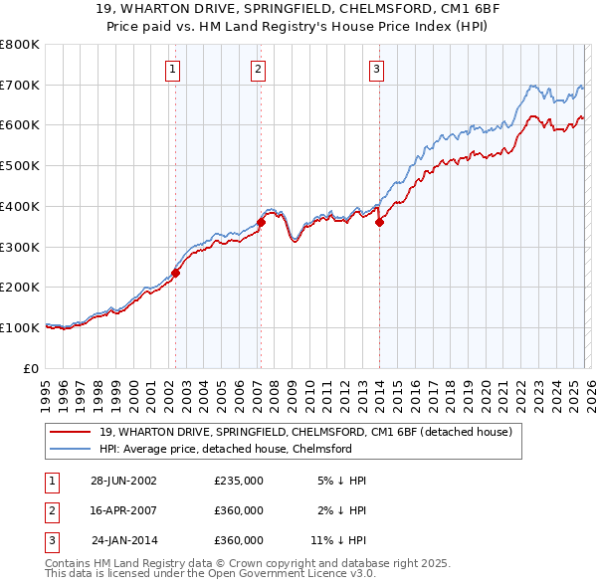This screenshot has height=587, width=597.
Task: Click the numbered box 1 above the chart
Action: pos(173,69)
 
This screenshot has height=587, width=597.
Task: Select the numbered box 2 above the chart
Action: pos(258,69)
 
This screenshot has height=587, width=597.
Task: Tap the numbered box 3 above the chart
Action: pos(377,69)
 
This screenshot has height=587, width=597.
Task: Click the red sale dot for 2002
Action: pos(176,273)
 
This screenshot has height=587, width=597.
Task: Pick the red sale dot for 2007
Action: pos(261,222)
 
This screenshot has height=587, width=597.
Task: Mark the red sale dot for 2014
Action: pos(379,222)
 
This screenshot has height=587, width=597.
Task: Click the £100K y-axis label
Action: pos(20,327)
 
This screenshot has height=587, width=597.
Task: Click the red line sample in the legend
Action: pos(70,432)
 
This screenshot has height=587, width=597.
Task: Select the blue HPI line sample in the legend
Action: pos(70,449)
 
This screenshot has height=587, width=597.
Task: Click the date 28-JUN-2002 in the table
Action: pos(123,481)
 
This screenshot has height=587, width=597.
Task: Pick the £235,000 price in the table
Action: pos(239,481)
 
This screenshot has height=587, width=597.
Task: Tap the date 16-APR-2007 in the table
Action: pos(123,510)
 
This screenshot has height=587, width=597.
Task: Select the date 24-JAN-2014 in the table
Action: pos(123,540)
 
